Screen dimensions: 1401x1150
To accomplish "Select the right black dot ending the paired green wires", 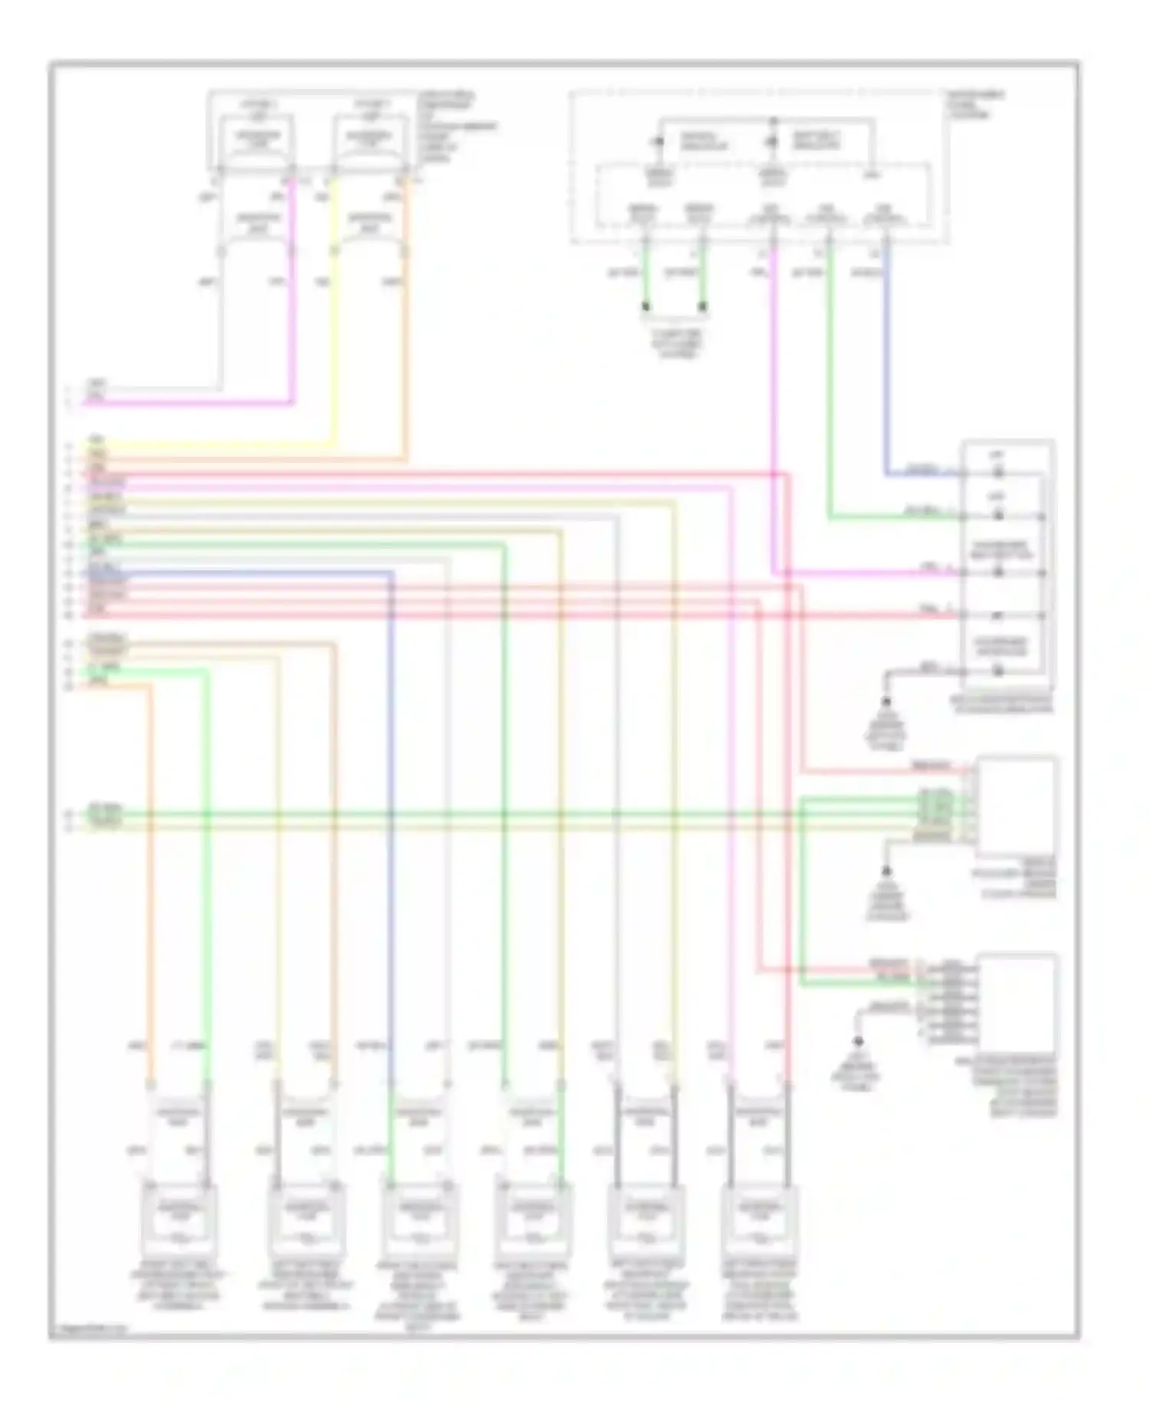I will coord(703,309).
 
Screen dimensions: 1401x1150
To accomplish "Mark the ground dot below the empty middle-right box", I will coord(886,872).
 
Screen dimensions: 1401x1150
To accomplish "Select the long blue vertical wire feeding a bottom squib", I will coord(392,843).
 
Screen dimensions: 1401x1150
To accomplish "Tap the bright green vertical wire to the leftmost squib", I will coord(207,881).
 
